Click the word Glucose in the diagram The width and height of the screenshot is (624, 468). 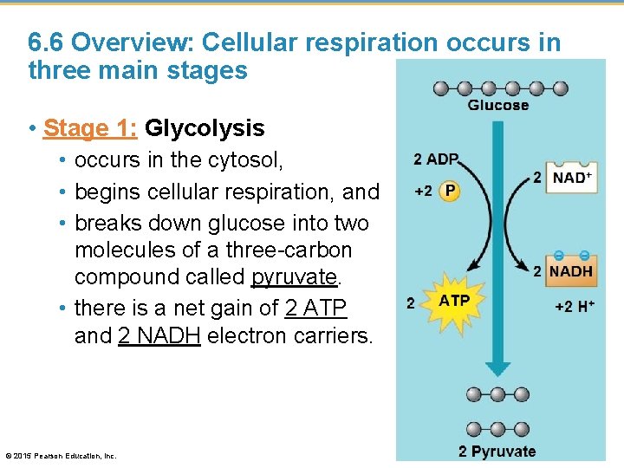pyautogui.click(x=497, y=105)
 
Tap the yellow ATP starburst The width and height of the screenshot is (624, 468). pyautogui.click(x=454, y=302)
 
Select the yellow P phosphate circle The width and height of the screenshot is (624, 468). pyautogui.click(x=449, y=191)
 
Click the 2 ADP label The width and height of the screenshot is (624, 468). pyautogui.click(x=436, y=159)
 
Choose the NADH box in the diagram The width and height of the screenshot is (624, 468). pyautogui.click(x=571, y=271)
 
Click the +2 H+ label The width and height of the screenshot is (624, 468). pyautogui.click(x=575, y=305)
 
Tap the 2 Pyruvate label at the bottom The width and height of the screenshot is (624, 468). pyautogui.click(x=497, y=451)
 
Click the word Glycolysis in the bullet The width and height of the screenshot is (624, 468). pyautogui.click(x=205, y=128)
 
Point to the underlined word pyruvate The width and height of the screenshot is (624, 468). pyautogui.click(x=292, y=276)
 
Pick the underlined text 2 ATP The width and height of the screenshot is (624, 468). pyautogui.click(x=315, y=307)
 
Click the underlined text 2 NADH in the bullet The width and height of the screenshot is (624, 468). pyautogui.click(x=159, y=335)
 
